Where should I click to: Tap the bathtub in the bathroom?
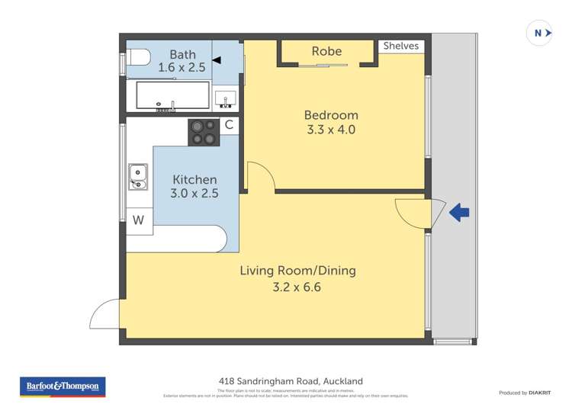pyautogui.click(x=172, y=97)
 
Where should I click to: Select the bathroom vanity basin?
pyautogui.click(x=225, y=98)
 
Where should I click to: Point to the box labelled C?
pyautogui.click(x=228, y=125)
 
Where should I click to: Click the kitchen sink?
pyautogui.click(x=137, y=176)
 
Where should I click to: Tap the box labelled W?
pyautogui.click(x=138, y=220)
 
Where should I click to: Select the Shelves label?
pyautogui.click(x=401, y=46)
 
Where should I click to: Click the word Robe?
pyautogui.click(x=326, y=51)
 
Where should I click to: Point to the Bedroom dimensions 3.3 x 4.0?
pyautogui.click(x=330, y=130)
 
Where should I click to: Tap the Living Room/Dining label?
pyautogui.click(x=297, y=271)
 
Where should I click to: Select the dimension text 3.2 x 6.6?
pyautogui.click(x=297, y=287)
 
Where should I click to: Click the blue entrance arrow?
pyautogui.click(x=459, y=213)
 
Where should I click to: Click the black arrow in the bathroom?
pyautogui.click(x=217, y=59)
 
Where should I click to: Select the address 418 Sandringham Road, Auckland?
pyautogui.click(x=291, y=381)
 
